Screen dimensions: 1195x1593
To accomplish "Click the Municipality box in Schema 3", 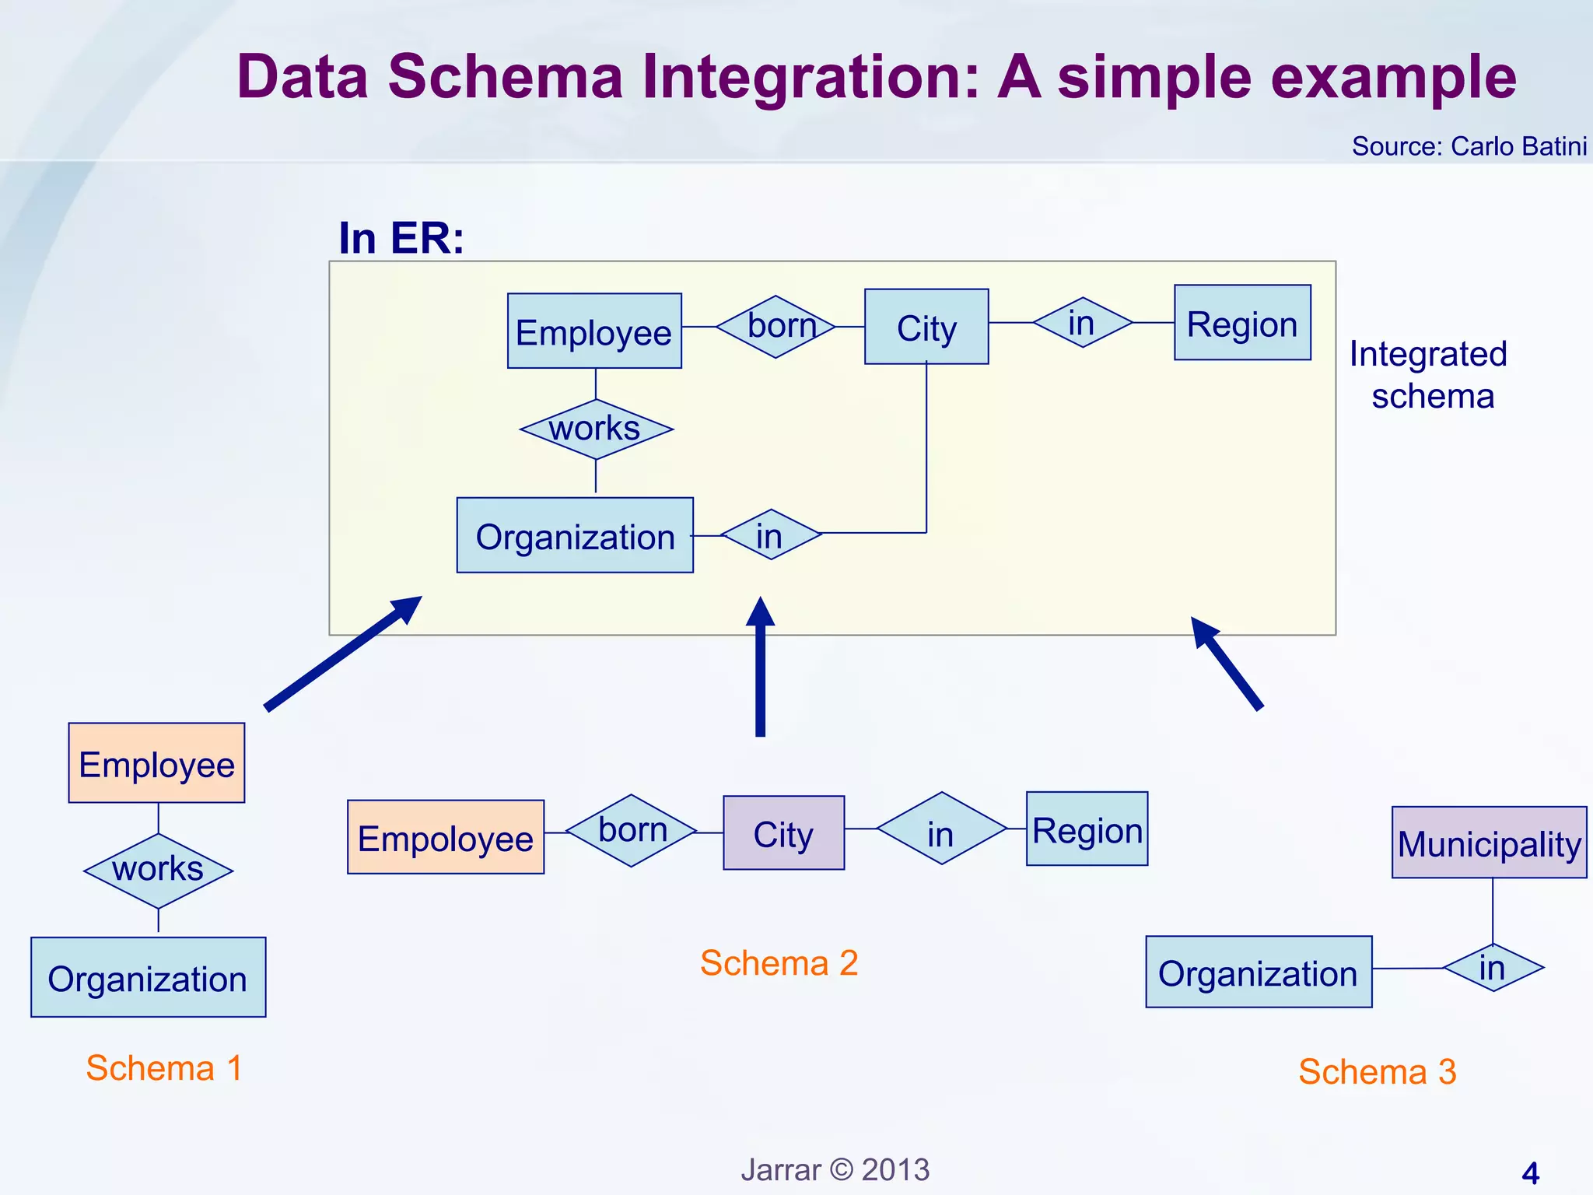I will (1489, 843).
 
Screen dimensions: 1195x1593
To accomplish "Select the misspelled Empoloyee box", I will (446, 837).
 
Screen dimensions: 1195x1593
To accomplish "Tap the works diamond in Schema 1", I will (158, 870).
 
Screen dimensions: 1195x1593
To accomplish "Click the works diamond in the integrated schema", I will (596, 429).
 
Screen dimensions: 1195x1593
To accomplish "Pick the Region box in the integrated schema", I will (1242, 323).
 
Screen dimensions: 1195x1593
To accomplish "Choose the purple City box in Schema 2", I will (783, 833).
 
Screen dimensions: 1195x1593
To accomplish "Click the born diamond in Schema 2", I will (632, 830).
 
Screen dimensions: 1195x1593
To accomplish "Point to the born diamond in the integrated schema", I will (775, 326).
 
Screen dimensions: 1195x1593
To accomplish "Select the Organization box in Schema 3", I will (1259, 972).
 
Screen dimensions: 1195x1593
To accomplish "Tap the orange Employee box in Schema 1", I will (156, 763).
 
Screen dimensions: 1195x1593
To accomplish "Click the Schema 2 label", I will (779, 963).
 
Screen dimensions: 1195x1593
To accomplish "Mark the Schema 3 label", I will (1377, 1072).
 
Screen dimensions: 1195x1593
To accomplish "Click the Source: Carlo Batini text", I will (1469, 146).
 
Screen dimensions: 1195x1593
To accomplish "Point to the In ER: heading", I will (401, 238).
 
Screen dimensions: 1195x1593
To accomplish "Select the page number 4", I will (1530, 1173).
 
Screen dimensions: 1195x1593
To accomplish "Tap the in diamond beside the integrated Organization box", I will (771, 534).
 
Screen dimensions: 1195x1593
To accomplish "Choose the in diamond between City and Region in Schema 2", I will (941, 829).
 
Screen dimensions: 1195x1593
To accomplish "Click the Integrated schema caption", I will (1430, 375).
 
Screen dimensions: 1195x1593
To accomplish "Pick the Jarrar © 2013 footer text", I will (835, 1170).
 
